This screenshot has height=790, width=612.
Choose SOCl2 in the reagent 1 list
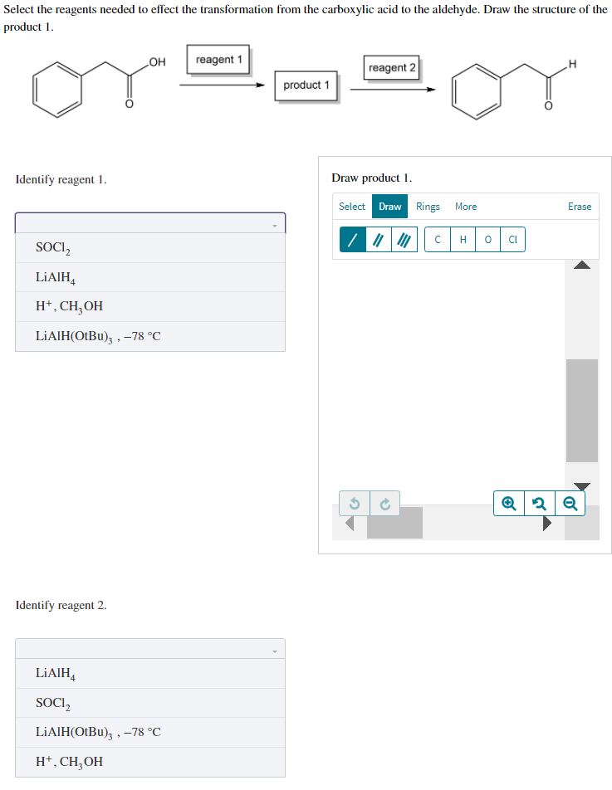pyautogui.click(x=54, y=247)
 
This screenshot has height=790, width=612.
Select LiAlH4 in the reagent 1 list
pyautogui.click(x=56, y=277)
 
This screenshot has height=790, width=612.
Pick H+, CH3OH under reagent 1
pyautogui.click(x=70, y=306)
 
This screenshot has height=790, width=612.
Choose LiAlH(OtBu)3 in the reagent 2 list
pyautogui.click(x=98, y=732)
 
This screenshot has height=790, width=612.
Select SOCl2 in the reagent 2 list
pyautogui.click(x=54, y=703)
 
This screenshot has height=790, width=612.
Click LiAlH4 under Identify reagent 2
pyautogui.click(x=56, y=673)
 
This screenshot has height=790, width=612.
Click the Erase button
pyautogui.click(x=579, y=207)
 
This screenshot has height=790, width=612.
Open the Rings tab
pyautogui.click(x=428, y=207)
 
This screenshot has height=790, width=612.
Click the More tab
pyautogui.click(x=466, y=207)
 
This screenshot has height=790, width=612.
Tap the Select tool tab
pyautogui.click(x=351, y=207)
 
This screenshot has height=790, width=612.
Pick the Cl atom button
pyautogui.click(x=512, y=240)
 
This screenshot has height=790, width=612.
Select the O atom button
pyautogui.click(x=487, y=240)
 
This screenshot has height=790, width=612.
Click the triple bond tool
pyautogui.click(x=404, y=240)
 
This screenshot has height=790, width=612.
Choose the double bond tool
pyautogui.click(x=379, y=240)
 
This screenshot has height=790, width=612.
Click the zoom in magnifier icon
pyautogui.click(x=508, y=503)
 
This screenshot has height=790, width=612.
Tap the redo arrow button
pyautogui.click(x=384, y=503)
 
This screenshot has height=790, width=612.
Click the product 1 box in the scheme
pyautogui.click(x=306, y=85)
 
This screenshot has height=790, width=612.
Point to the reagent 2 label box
pyautogui.click(x=392, y=67)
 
